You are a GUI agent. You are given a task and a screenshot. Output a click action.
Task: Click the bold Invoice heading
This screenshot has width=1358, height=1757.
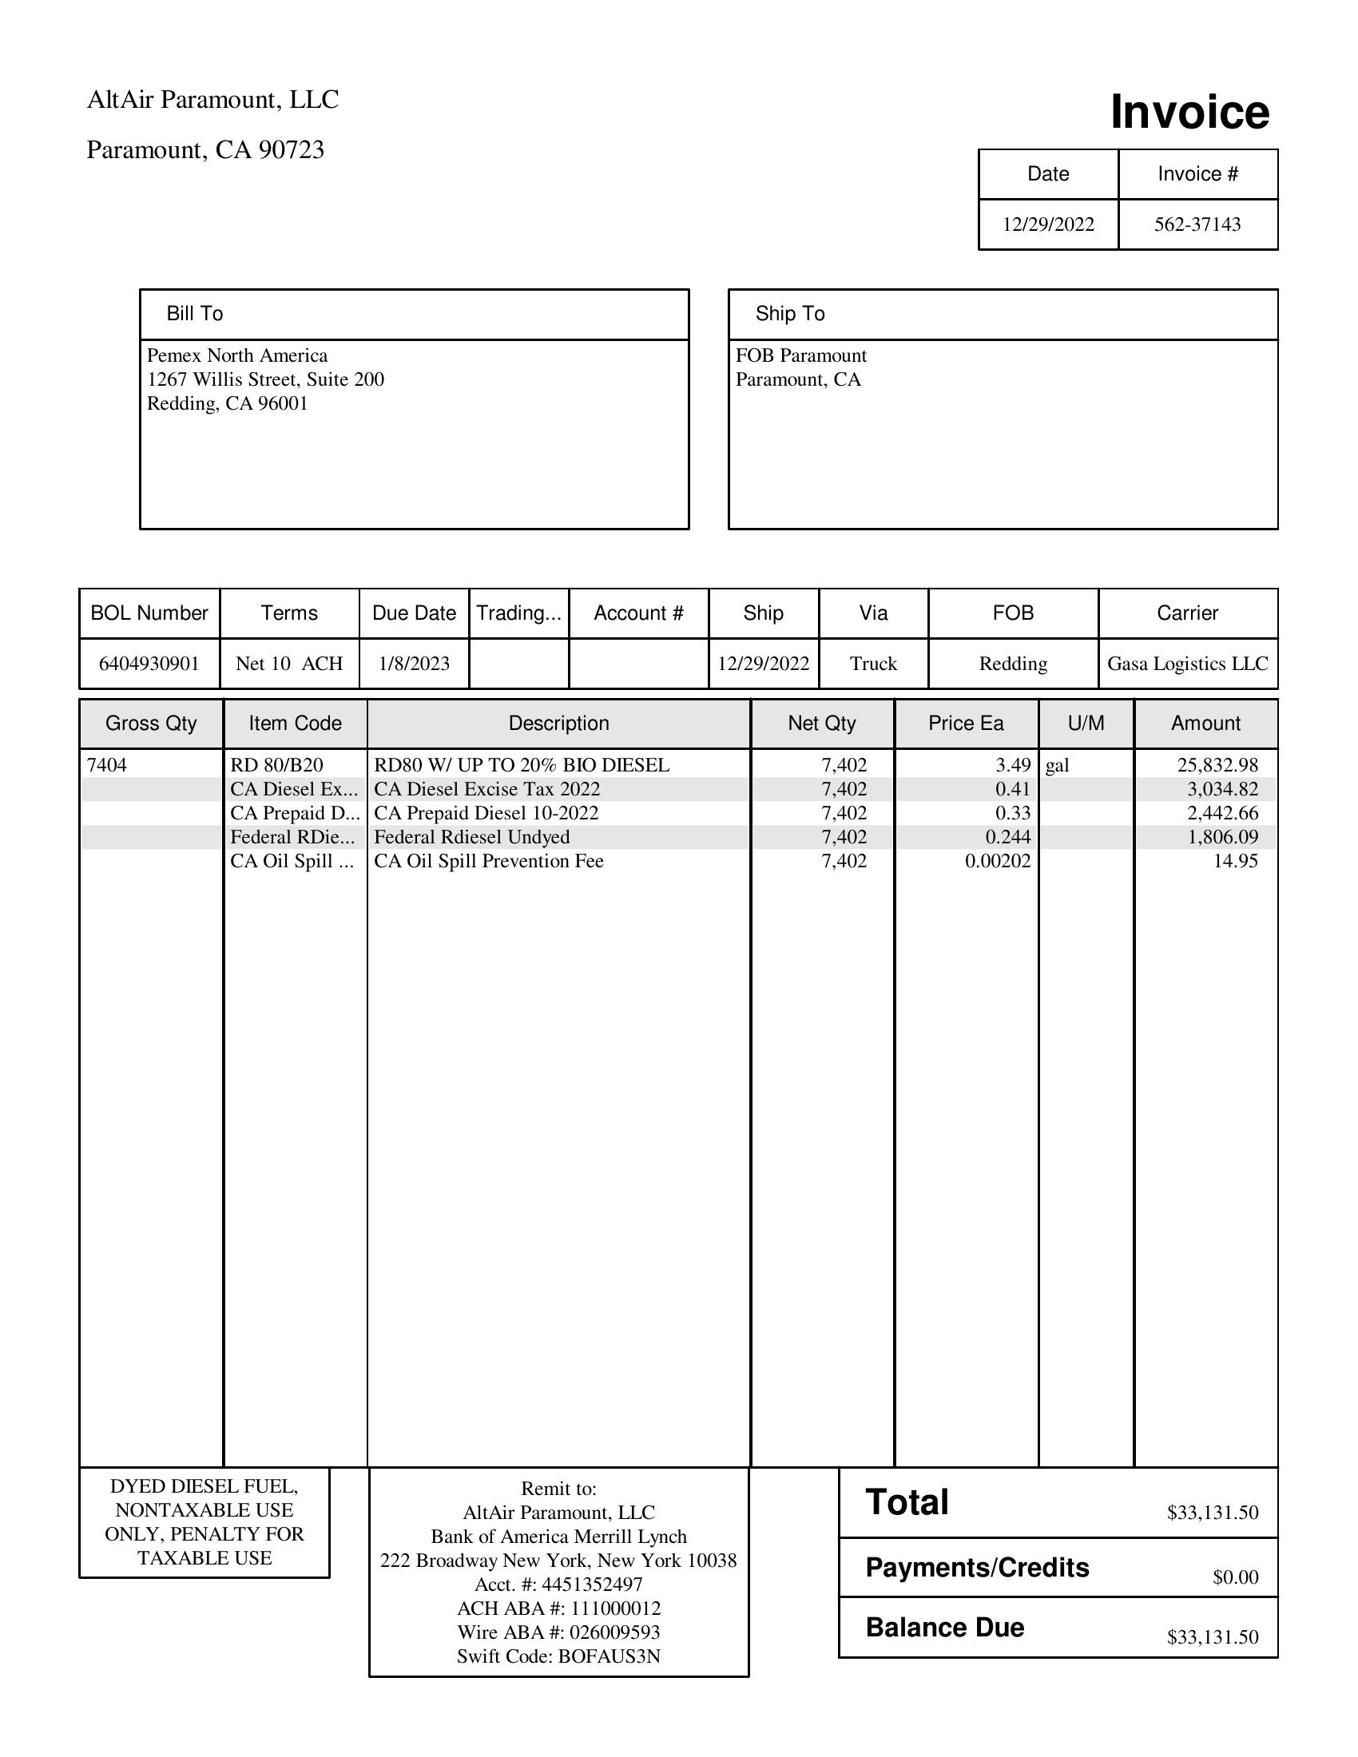point(1189,112)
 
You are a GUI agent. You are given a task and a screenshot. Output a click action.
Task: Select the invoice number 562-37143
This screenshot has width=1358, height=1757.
point(1197,224)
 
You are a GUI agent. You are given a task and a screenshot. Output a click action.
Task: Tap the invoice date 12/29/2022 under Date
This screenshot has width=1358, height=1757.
point(1047,224)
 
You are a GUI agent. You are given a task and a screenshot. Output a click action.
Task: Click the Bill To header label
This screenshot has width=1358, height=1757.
point(195,314)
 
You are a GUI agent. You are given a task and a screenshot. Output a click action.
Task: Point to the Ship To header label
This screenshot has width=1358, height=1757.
point(789,314)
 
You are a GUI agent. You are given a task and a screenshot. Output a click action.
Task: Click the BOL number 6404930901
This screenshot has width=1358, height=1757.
point(149,664)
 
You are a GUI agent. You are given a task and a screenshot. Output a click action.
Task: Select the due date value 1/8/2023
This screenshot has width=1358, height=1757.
point(414,664)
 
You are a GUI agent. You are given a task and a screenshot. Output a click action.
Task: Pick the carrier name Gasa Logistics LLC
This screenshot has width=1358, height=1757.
point(1186,664)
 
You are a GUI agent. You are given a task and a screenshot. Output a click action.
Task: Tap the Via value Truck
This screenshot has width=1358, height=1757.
point(873,664)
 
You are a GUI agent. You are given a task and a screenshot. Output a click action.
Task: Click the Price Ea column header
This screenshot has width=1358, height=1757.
point(966,724)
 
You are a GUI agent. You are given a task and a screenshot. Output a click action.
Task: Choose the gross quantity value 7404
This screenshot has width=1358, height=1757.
point(107,765)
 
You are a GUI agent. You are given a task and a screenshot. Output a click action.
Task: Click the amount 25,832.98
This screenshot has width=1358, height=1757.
point(1217,765)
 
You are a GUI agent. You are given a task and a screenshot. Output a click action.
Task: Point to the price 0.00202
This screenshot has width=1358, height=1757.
point(998,862)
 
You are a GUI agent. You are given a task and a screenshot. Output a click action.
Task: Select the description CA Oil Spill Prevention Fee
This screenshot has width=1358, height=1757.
point(488,862)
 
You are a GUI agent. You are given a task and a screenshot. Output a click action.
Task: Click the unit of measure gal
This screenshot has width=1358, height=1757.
point(1057,765)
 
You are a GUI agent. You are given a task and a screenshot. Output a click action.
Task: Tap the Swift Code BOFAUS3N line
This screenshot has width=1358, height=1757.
point(558,1656)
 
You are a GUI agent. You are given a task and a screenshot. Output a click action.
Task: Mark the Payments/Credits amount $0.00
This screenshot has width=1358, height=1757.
point(1235,1577)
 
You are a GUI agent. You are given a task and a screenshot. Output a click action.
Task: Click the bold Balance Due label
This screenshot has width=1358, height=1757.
point(944,1628)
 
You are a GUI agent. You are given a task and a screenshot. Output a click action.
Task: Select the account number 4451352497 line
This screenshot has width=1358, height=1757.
point(558,1584)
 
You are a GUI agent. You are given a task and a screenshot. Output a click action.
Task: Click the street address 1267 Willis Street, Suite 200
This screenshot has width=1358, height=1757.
point(265,379)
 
